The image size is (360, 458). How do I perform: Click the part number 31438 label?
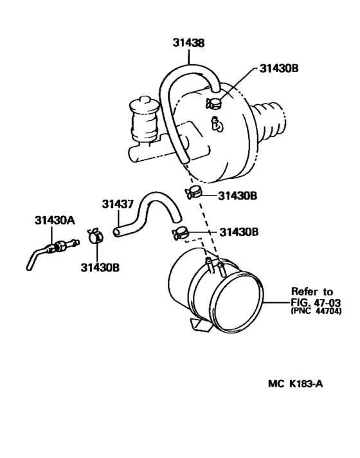pos(188,42)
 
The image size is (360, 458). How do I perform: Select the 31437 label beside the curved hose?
pos(118,204)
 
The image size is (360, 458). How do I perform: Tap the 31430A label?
pos(55,220)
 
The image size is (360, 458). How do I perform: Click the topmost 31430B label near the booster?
pos(279,68)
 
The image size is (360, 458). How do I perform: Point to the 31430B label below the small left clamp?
pos(100,267)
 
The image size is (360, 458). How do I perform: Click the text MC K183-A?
pos(296,383)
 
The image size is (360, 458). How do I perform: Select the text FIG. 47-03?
pos(316,302)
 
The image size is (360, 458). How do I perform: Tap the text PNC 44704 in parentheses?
pos(316,311)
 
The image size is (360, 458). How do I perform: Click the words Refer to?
pos(312,291)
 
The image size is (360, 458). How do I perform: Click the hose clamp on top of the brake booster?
pos(213,103)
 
